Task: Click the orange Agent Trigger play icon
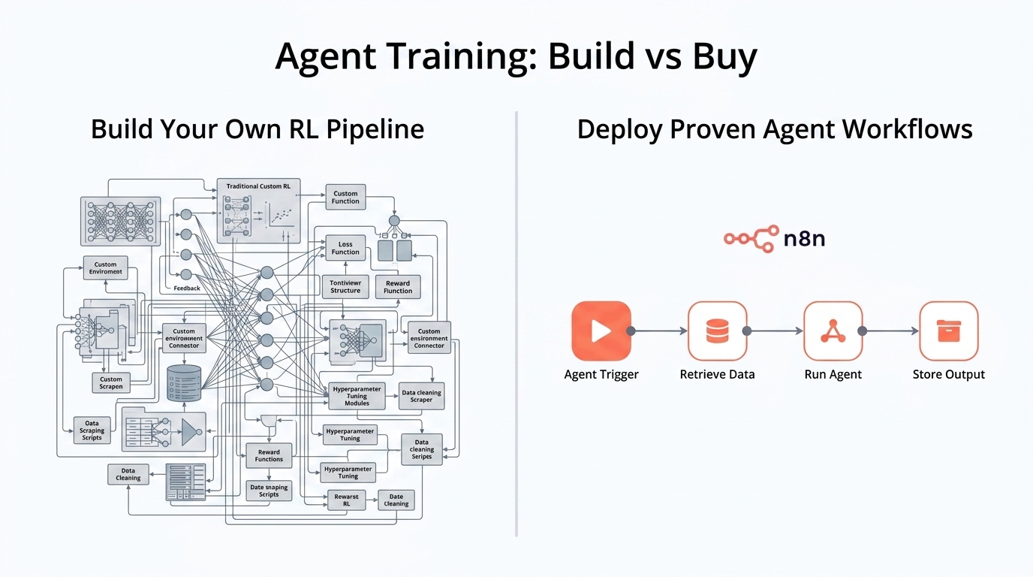(601, 331)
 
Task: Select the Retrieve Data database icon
(717, 331)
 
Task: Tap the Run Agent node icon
(833, 331)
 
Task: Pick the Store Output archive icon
(948, 331)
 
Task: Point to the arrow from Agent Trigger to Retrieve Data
(659, 331)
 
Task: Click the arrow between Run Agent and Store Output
(890, 331)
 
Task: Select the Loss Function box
(345, 248)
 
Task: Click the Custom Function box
(345, 197)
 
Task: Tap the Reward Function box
(398, 287)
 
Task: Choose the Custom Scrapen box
(111, 383)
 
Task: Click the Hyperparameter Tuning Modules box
(357, 396)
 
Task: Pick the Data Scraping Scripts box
(92, 430)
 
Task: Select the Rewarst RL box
(346, 500)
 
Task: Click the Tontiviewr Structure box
(345, 286)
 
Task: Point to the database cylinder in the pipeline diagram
(184, 383)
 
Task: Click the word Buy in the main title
(717, 56)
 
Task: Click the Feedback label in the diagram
(187, 288)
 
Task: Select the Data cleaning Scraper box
(421, 396)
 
